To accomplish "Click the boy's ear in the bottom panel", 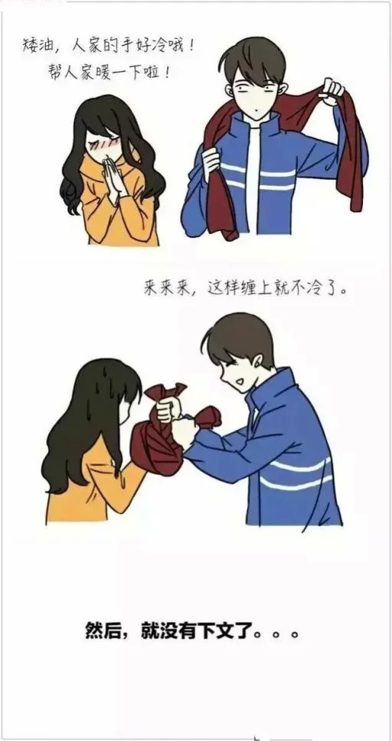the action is coord(257,362).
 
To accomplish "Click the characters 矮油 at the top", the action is coord(37,45).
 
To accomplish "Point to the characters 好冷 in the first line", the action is coord(154,45).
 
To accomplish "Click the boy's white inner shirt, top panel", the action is coord(253,180).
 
